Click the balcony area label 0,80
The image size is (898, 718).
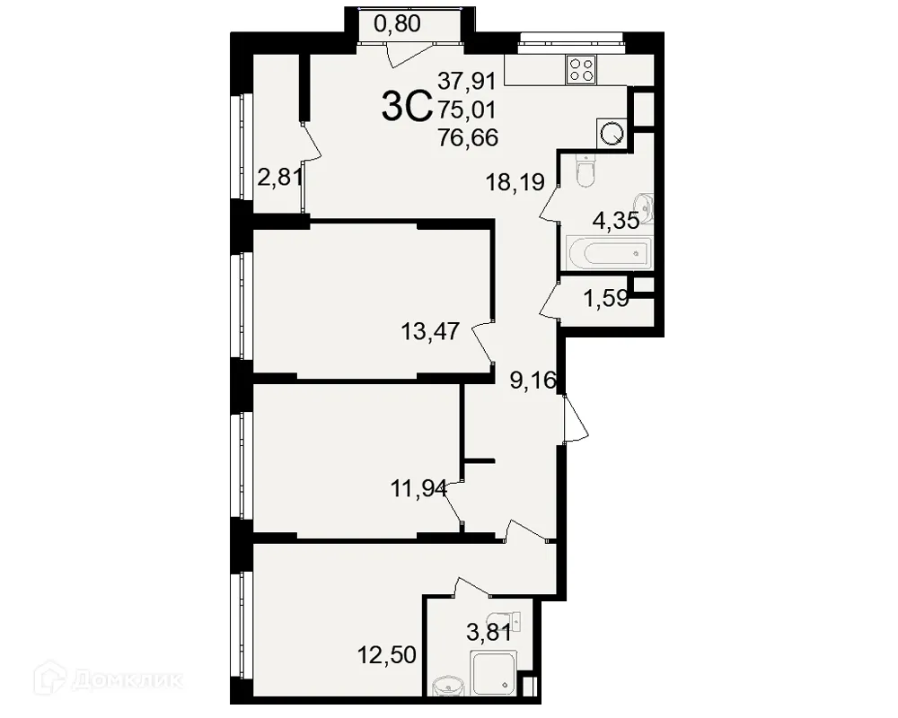[397, 24]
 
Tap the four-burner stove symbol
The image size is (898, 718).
[580, 70]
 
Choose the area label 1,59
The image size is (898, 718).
[606, 298]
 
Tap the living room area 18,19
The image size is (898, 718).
[515, 184]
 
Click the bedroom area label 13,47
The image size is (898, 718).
[430, 332]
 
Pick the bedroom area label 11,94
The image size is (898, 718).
[419, 489]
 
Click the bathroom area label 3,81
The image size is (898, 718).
[489, 633]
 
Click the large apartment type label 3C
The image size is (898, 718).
[408, 108]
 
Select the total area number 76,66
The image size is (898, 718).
[468, 137]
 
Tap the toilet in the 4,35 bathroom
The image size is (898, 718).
[585, 173]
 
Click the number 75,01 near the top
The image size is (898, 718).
[468, 109]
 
